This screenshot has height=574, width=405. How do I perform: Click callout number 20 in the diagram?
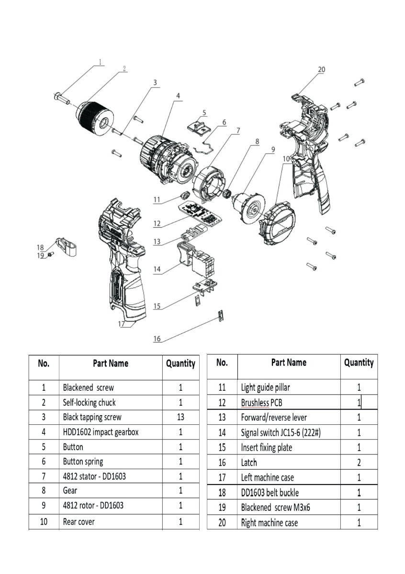tap(321, 69)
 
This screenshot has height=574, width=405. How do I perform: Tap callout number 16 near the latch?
tap(157, 339)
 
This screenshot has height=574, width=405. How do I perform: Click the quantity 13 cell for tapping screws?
tap(180, 417)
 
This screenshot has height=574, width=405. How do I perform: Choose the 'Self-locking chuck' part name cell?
tap(90, 402)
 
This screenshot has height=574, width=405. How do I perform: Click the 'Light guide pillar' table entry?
tap(265, 387)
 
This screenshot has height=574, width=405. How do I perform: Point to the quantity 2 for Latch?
tap(359, 463)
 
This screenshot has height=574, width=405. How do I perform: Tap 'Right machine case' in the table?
tap(269, 523)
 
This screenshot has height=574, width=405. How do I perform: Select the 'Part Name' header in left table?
tap(111, 364)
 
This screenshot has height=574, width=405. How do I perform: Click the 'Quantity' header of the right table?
tap(359, 363)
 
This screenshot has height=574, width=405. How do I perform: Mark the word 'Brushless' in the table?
tap(255, 403)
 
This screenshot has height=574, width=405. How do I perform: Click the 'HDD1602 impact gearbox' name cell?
tap(101, 432)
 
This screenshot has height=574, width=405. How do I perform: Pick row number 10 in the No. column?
tap(44, 522)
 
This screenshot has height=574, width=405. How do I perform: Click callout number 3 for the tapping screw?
tap(155, 82)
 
